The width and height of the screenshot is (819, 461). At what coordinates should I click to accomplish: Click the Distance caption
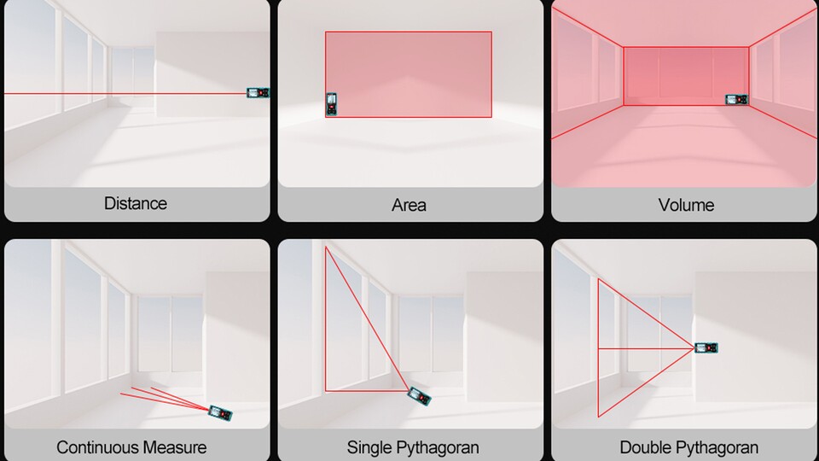136,203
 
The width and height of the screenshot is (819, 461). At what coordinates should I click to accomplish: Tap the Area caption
409,205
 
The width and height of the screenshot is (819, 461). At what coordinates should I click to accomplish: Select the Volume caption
686,205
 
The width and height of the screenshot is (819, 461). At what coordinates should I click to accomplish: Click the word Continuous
97,447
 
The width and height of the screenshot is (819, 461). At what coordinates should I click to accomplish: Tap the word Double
643,447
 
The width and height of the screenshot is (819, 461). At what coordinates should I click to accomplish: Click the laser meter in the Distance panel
258,93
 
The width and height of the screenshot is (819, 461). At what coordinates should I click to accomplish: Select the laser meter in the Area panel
331,104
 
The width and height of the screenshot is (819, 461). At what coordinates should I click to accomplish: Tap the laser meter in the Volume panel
737,99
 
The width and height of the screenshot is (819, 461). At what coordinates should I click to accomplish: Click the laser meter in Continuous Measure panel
220,413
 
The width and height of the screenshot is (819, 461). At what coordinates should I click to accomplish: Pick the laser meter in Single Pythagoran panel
420,396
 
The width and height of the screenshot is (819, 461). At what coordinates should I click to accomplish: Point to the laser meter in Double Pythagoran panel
706,347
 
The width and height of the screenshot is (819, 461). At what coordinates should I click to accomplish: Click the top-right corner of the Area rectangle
491,32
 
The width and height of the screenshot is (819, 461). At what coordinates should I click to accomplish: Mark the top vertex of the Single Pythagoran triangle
325,247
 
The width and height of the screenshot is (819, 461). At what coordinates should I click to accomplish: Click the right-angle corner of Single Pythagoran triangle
325,390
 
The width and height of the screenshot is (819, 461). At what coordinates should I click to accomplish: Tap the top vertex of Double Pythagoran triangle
598,279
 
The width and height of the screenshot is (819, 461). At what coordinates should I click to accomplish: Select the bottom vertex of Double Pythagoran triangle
598,417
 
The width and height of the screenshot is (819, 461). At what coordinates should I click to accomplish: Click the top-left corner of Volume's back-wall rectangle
623,47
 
